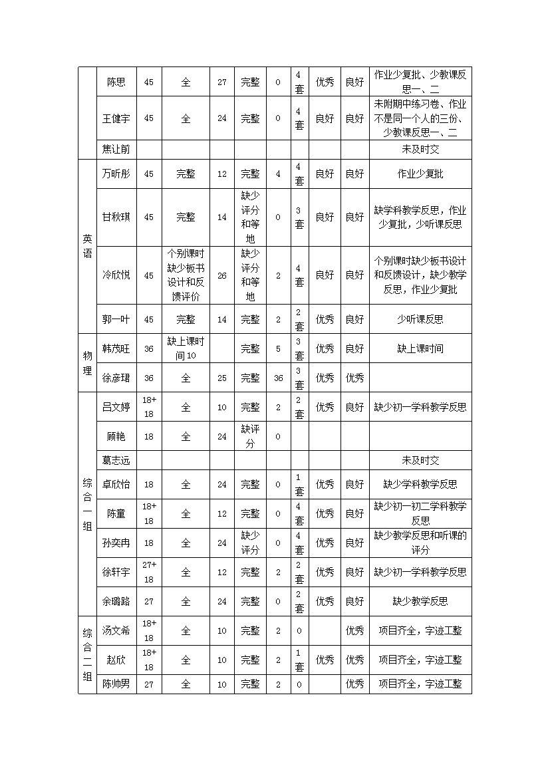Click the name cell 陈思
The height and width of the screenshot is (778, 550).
pyautogui.click(x=116, y=82)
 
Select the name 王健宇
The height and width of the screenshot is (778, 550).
pyautogui.click(x=116, y=118)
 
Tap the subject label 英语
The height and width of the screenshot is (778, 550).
pyautogui.click(x=87, y=246)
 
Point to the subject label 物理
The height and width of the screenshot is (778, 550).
pyautogui.click(x=87, y=363)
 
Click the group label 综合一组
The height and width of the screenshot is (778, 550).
pyautogui.click(x=87, y=504)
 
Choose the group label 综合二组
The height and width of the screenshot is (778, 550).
pyautogui.click(x=87, y=654)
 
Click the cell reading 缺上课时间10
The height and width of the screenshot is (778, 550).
pyautogui.click(x=186, y=348)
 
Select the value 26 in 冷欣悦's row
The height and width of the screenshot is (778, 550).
pyautogui.click(x=222, y=275)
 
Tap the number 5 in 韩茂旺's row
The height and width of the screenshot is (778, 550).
pyautogui.click(x=278, y=348)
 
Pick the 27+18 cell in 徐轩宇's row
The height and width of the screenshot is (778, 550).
pyautogui.click(x=149, y=572)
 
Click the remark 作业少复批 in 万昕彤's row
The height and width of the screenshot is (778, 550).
pyautogui.click(x=420, y=174)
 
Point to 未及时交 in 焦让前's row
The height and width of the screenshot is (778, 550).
pyautogui.click(x=420, y=150)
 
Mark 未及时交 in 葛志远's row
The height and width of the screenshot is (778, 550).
pyautogui.click(x=420, y=460)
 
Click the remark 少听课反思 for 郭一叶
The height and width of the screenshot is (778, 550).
pyautogui.click(x=420, y=319)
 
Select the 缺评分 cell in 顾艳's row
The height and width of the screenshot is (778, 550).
pyautogui.click(x=250, y=436)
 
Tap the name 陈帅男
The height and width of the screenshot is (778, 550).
pyautogui.click(x=116, y=684)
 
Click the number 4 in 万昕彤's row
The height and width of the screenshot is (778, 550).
pyautogui.click(x=278, y=174)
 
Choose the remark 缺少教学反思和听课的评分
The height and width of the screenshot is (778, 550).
pyautogui.click(x=420, y=543)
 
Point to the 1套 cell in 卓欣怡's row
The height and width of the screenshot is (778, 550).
pyautogui.click(x=299, y=484)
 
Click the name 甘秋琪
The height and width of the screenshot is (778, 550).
pyautogui.click(x=116, y=217)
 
